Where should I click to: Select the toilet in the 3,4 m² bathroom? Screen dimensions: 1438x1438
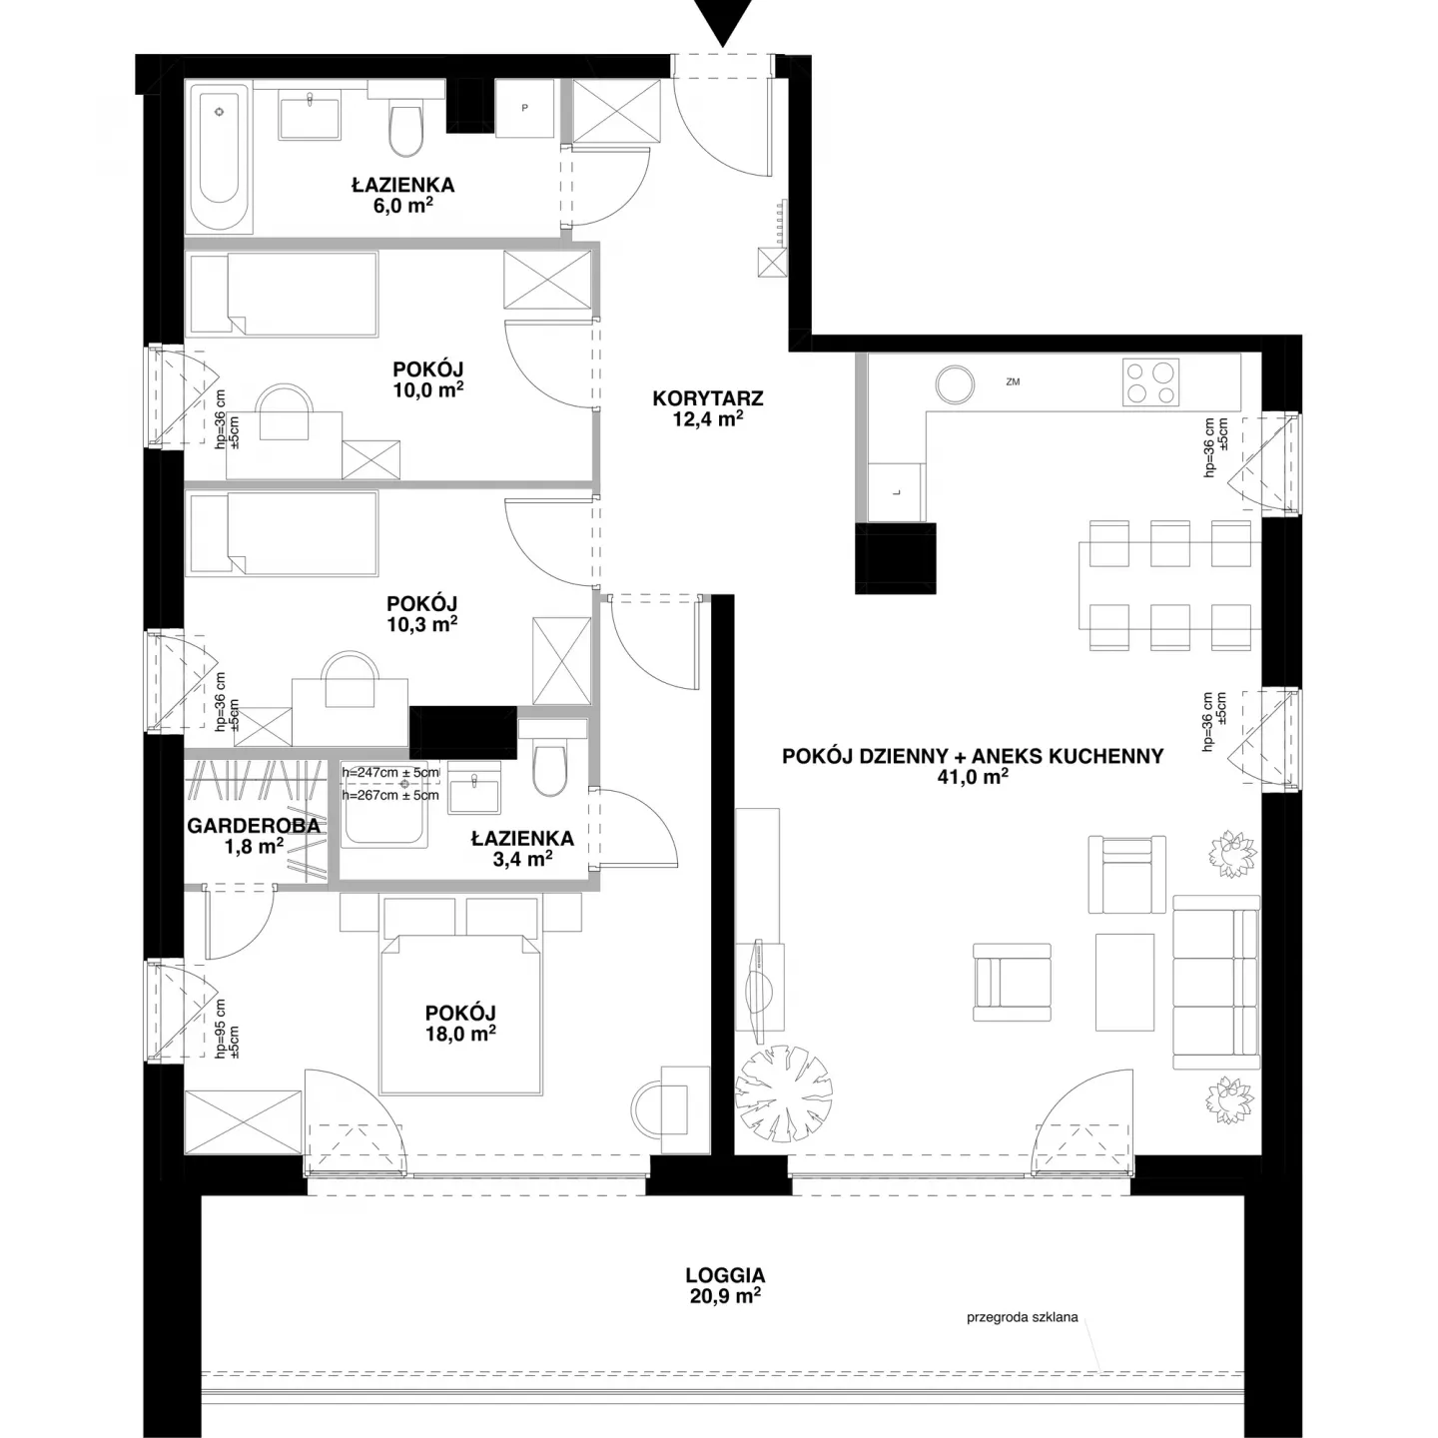[x=551, y=768]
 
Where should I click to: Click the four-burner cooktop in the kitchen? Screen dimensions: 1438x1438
[x=1150, y=382]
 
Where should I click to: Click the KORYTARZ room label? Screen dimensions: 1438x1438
[x=708, y=398]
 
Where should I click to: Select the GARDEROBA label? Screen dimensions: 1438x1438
[x=254, y=825]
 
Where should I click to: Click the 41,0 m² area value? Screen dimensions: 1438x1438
[x=973, y=778]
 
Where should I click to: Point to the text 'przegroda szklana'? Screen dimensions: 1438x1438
[x=1023, y=1338]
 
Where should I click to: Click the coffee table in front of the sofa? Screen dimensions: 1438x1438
[x=1124, y=982]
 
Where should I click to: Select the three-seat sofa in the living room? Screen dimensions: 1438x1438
[x=1216, y=983]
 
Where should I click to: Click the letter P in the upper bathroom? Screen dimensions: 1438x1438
[x=524, y=108]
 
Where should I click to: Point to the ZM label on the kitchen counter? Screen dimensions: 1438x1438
[x=1013, y=381]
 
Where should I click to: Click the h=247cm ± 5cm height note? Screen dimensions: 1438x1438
[x=390, y=773]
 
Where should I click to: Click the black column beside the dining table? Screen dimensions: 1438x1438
[x=896, y=558]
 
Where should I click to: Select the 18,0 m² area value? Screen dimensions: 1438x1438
[x=460, y=1034]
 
